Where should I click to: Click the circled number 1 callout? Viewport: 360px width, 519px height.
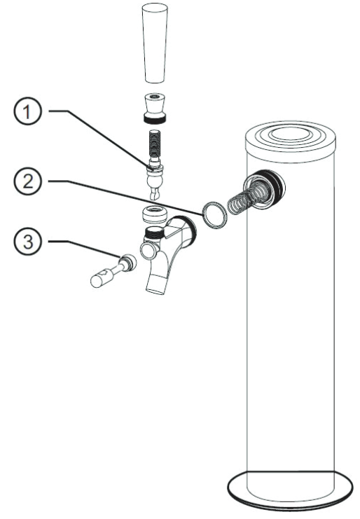pyautogui.click(x=27, y=111)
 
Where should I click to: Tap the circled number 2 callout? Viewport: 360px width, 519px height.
pyautogui.click(x=27, y=181)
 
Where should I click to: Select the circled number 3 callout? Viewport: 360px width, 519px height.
pyautogui.click(x=27, y=242)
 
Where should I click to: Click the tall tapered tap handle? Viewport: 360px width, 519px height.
pyautogui.click(x=155, y=43)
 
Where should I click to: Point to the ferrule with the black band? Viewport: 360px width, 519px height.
pyautogui.click(x=155, y=109)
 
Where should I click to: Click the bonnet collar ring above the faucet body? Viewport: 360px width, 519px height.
pyautogui.click(x=154, y=214)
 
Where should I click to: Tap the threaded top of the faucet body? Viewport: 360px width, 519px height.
pyautogui.click(x=154, y=233)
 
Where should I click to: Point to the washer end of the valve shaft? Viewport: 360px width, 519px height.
pyautogui.click(x=127, y=262)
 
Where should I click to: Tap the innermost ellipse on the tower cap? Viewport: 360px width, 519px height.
pyautogui.click(x=290, y=134)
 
